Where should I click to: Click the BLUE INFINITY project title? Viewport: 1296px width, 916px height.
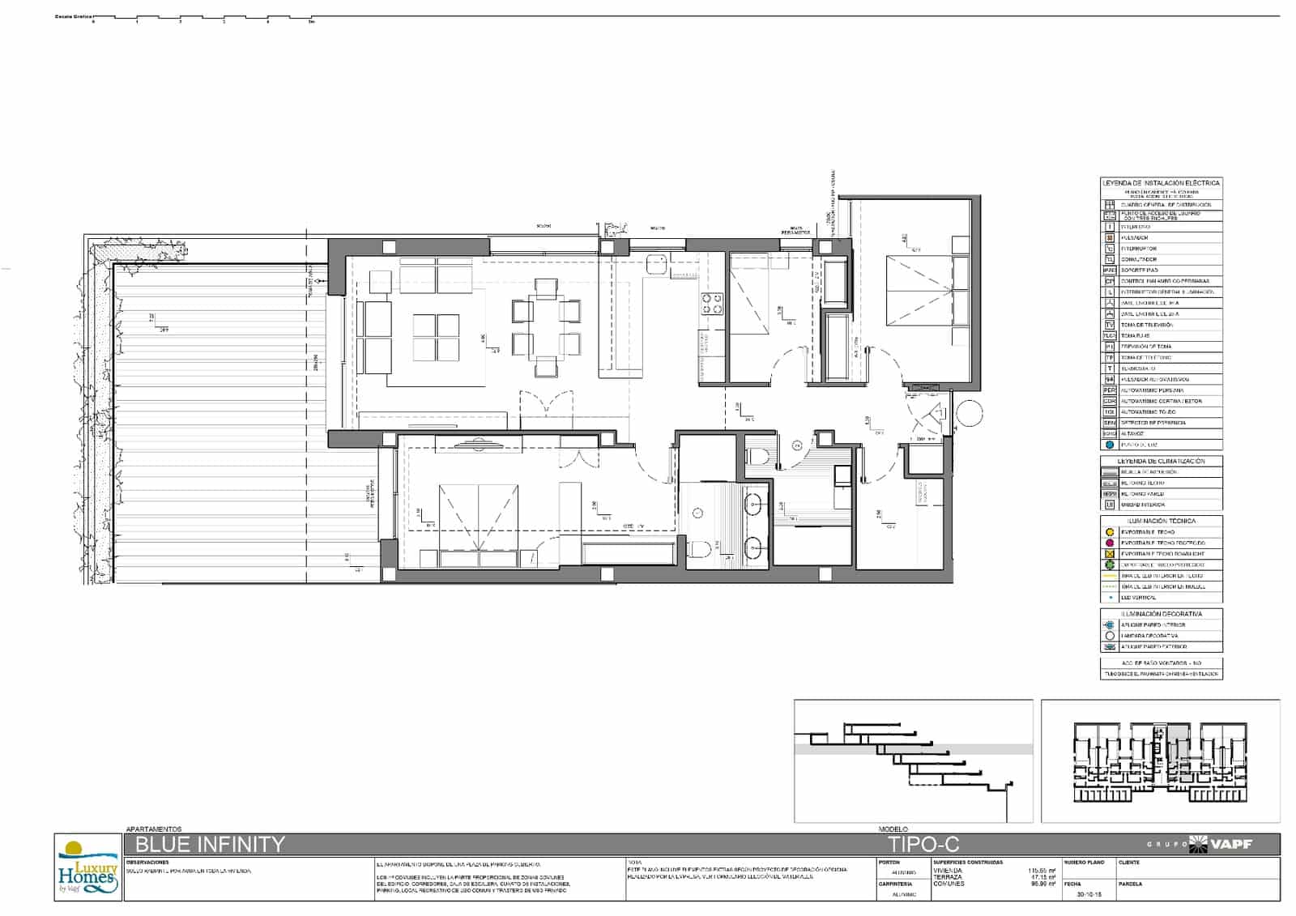(x=210, y=845)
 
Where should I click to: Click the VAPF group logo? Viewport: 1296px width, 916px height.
(x=1221, y=844)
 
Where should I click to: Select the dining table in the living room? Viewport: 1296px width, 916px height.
(x=546, y=328)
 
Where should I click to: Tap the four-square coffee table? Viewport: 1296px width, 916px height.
(x=436, y=336)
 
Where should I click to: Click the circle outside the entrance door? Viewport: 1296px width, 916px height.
(x=969, y=415)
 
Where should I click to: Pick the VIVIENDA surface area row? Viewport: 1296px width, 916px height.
(x=994, y=871)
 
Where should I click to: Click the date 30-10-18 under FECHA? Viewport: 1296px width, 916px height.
(x=1081, y=894)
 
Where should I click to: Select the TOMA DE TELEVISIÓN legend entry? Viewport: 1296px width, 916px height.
(x=1146, y=325)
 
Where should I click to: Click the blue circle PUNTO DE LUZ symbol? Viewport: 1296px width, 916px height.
(x=1110, y=445)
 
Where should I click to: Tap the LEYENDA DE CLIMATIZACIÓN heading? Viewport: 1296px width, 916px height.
(x=1161, y=461)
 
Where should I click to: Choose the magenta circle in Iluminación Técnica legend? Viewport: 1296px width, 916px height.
(x=1110, y=543)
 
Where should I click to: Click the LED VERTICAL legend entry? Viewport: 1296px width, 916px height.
(x=1138, y=598)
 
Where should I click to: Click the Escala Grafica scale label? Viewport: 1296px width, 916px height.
(x=73, y=16)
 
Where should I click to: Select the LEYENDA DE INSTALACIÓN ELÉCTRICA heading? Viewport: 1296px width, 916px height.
(x=1161, y=183)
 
